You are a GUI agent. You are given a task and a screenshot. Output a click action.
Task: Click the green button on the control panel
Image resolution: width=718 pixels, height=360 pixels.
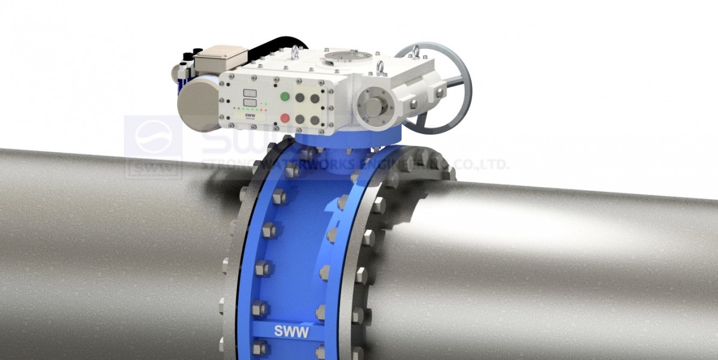click(285, 97)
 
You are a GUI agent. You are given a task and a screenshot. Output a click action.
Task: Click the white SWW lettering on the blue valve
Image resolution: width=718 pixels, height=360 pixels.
click(291, 331)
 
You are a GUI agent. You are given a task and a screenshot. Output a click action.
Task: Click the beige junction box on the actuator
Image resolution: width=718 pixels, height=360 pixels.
click(220, 58)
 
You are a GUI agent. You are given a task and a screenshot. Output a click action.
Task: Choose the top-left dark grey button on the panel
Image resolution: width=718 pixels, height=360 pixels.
click(300, 97)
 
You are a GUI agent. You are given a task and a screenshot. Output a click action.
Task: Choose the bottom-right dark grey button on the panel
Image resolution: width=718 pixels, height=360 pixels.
click(315, 120)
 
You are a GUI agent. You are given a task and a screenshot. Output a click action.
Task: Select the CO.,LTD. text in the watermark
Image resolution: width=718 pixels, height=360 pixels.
click(482, 163)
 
